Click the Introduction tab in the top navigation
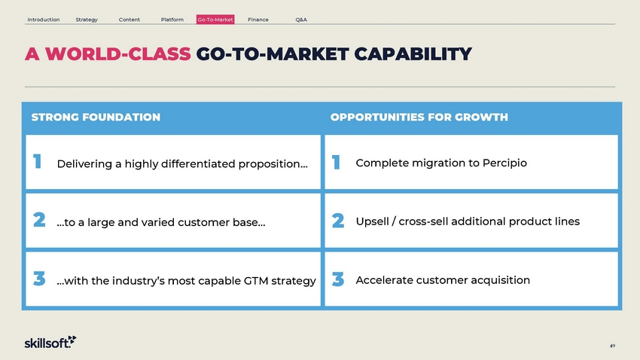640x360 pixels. (43, 20)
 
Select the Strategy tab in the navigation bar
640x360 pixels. (87, 20)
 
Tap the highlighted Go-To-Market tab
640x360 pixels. (215, 20)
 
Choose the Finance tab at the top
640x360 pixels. (258, 20)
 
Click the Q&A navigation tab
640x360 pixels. (301, 20)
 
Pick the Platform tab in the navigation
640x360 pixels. (172, 20)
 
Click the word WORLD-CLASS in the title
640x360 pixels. (118, 54)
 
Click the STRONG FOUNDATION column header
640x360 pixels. (96, 117)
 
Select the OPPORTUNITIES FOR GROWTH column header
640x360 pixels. (419, 117)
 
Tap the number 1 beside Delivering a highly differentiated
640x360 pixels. (37, 161)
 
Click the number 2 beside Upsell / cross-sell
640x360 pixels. (338, 221)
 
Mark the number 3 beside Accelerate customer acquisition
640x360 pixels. (338, 279)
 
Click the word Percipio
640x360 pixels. (504, 163)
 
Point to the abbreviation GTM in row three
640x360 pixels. (256, 281)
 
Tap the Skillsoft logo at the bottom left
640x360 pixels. (50, 342)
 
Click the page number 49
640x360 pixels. (612, 346)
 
